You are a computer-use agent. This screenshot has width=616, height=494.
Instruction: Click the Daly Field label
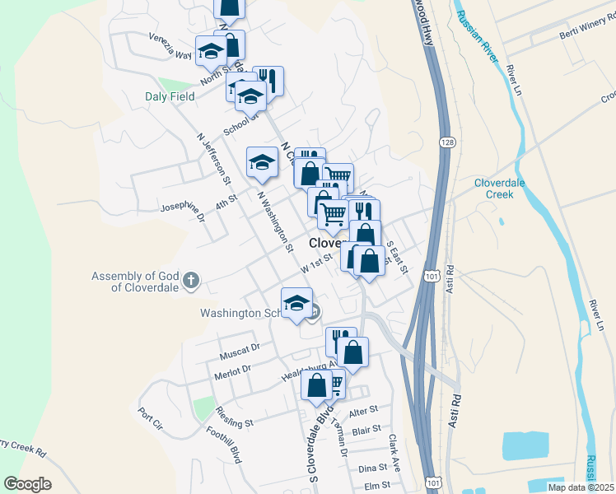tap(171, 96)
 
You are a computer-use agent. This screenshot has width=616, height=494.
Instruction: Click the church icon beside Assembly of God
tap(191, 281)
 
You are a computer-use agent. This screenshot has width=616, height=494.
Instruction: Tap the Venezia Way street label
tap(170, 46)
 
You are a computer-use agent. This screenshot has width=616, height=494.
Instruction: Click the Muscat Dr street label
tap(240, 352)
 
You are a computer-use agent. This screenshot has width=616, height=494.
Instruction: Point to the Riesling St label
tap(234, 416)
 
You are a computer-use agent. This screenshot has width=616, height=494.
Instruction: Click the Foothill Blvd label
tap(222, 445)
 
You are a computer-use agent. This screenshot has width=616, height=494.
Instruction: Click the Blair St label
tap(366, 429)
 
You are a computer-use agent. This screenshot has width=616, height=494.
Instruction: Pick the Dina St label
tap(373, 468)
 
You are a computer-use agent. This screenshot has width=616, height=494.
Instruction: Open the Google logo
tap(27, 484)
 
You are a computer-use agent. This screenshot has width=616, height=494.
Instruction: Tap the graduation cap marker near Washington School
tap(297, 304)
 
